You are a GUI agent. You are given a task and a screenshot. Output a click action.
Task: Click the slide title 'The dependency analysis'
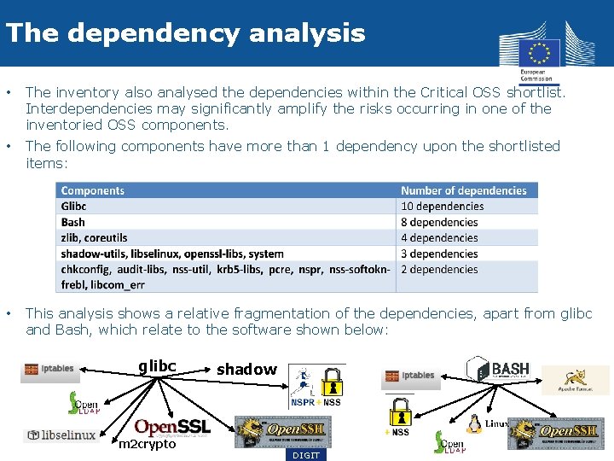point(185,33)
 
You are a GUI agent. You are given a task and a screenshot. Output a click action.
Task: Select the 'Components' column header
point(93,191)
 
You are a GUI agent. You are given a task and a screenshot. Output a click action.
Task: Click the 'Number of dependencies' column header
point(464,191)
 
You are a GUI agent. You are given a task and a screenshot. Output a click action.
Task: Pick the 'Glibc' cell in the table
point(74,207)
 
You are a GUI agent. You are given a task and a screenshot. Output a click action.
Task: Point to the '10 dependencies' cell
point(442,207)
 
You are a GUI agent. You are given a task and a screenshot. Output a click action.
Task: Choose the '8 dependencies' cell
point(439,222)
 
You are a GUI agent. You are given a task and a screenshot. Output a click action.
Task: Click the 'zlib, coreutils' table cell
point(95,238)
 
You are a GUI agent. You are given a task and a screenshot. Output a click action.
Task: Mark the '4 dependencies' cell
point(439,238)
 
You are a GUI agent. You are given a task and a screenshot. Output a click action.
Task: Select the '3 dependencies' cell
point(439,254)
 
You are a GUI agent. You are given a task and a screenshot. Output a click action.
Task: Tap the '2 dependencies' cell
point(439,270)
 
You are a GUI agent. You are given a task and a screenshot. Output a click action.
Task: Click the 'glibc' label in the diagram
point(157,366)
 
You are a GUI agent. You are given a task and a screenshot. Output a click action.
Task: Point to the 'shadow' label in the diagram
point(246,369)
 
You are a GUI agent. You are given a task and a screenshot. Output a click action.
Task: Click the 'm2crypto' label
point(148,444)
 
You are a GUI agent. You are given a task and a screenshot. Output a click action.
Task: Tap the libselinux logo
point(60,435)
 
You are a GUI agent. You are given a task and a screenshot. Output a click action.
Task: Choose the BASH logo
point(499,369)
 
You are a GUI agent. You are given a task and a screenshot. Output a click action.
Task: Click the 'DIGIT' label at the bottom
point(306,455)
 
